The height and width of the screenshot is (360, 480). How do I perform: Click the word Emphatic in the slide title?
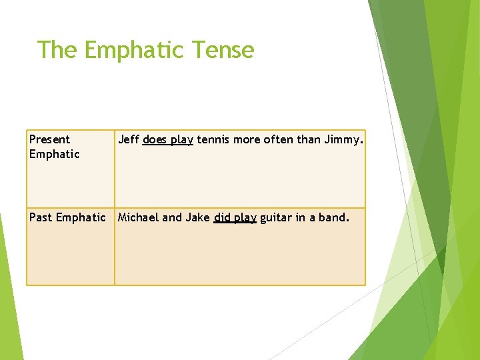pos(134,50)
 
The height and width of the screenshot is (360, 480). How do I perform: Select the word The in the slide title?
pos(58,50)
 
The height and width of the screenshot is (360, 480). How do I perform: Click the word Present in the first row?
pos(49,139)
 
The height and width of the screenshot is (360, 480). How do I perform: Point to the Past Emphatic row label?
pos(67,217)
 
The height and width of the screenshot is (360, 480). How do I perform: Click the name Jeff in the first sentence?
pos(129,139)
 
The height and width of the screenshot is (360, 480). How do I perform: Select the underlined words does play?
pos(167,140)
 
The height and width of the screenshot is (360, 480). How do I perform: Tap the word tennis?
pos(212,139)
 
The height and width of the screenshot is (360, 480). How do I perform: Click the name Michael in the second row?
pos(139,217)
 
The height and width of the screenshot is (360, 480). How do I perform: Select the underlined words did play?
pos(235,218)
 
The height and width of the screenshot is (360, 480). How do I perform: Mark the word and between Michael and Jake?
pos(173,217)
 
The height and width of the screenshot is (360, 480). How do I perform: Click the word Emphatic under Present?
pos(54,154)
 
